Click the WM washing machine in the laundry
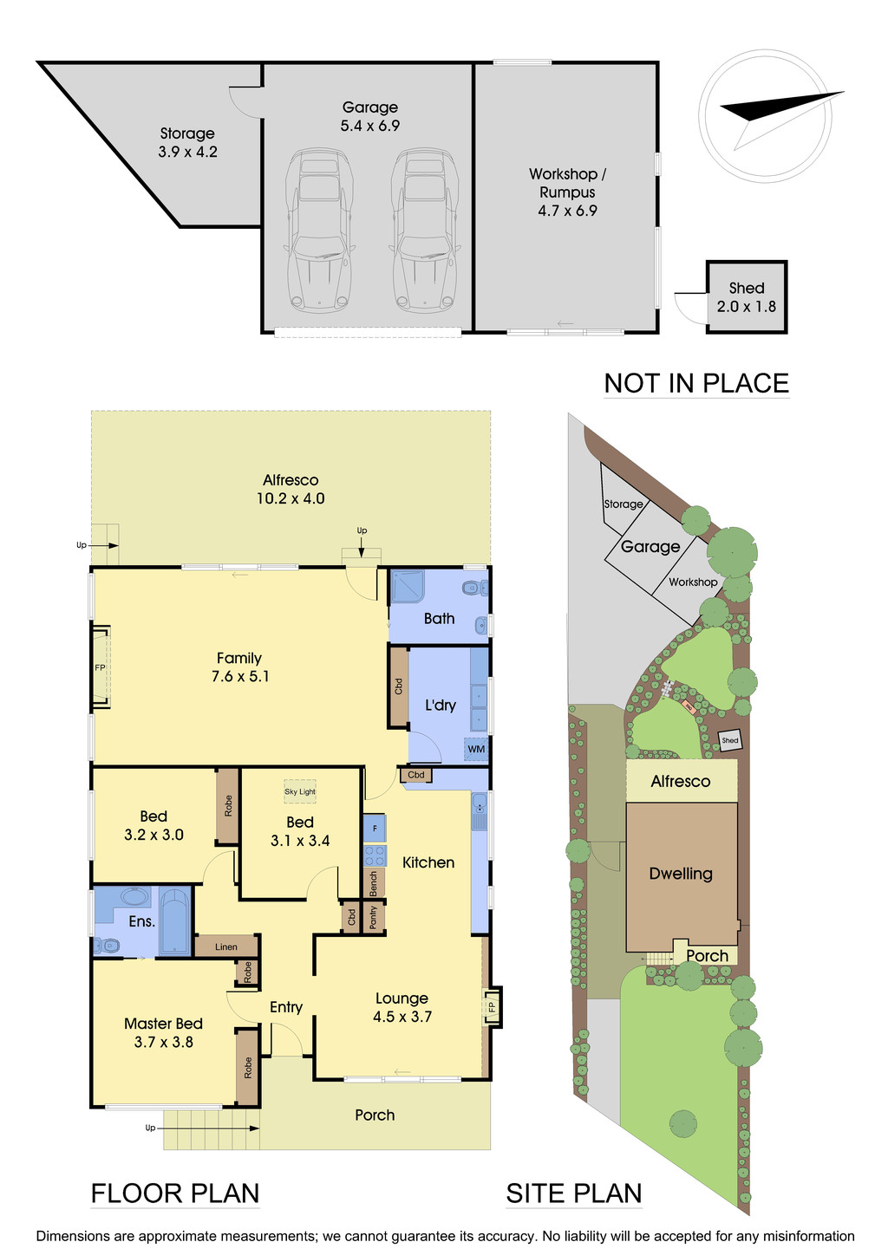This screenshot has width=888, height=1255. (x=476, y=749)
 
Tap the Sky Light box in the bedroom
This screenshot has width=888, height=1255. (x=300, y=791)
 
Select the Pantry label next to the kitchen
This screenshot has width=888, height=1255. (x=374, y=917)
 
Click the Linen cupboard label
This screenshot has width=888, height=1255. (x=226, y=946)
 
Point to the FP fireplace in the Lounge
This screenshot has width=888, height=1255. (x=492, y=1007)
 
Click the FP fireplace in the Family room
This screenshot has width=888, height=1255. (x=101, y=667)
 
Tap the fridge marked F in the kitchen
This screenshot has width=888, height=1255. (x=375, y=828)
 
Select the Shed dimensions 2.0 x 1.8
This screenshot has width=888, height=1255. (x=746, y=307)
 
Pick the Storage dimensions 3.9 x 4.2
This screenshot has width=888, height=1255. (x=187, y=152)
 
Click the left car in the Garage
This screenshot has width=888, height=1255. (x=319, y=231)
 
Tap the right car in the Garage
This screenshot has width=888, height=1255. (x=424, y=231)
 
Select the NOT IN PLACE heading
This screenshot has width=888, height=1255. (x=696, y=383)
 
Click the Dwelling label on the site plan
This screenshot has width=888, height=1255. (x=681, y=874)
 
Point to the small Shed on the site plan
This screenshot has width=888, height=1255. (x=730, y=740)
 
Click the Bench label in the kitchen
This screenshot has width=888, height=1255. (x=374, y=883)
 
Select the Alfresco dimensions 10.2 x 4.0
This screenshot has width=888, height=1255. (x=291, y=498)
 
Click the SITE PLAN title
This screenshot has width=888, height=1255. (x=573, y=1193)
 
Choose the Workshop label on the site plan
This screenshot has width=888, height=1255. (x=693, y=582)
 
